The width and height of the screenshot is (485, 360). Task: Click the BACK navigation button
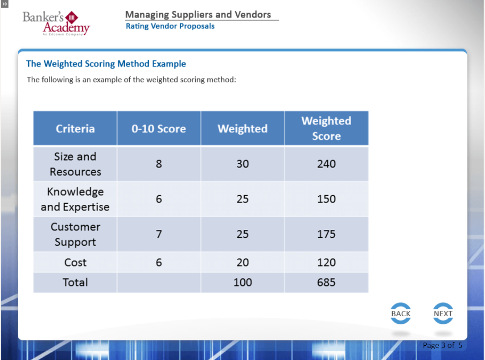[x=401, y=313]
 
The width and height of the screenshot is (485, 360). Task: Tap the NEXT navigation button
[x=443, y=313]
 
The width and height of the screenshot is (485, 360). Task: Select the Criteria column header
[x=75, y=128]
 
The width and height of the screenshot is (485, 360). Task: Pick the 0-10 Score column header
[x=159, y=128]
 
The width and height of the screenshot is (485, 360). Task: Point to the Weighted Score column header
[x=326, y=128]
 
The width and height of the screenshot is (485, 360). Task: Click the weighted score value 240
[x=326, y=164]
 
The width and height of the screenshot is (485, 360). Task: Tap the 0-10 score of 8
[x=159, y=164]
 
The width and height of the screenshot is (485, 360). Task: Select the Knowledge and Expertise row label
[x=75, y=199]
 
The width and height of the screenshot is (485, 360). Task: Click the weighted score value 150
[x=326, y=199]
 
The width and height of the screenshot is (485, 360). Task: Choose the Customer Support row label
[x=75, y=234]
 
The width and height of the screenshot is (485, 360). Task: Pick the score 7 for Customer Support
[x=159, y=234]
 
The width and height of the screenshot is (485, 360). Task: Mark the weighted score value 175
[x=326, y=234]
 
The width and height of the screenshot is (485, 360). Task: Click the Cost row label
[x=75, y=262]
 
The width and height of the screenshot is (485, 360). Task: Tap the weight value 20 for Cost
[x=242, y=262]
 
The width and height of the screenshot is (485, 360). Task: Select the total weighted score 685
[x=326, y=282]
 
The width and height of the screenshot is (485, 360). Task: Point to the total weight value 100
[x=242, y=282]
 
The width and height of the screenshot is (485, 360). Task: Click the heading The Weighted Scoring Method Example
[x=106, y=64]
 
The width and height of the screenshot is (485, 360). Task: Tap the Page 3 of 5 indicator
[x=442, y=345]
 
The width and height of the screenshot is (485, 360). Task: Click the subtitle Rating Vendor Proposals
[x=170, y=26]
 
